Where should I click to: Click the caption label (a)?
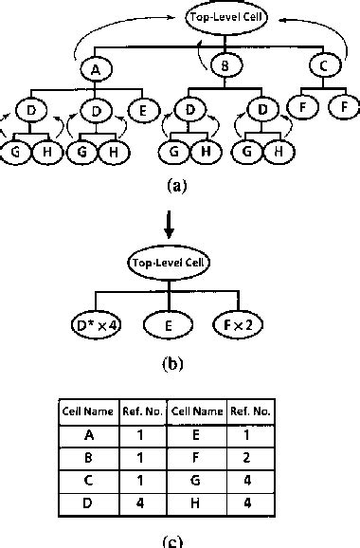[175, 187]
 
